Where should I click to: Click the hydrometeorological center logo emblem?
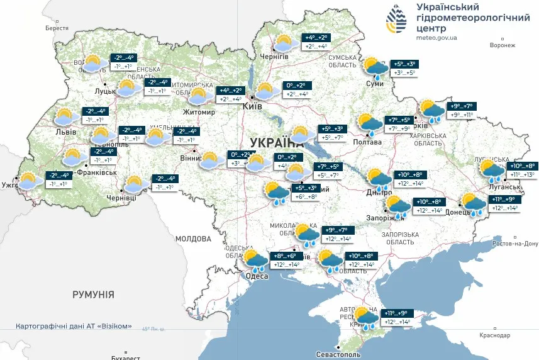click(x=396, y=21)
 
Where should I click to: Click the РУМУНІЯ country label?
click(x=93, y=294)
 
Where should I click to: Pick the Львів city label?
click(x=66, y=132)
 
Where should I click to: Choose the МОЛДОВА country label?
click(x=193, y=239)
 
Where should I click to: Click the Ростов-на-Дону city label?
click(x=516, y=244)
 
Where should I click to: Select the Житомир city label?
click(x=199, y=113)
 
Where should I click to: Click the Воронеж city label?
click(x=502, y=45)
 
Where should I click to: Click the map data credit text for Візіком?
click(x=74, y=326)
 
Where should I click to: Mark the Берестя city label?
click(x=57, y=28)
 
